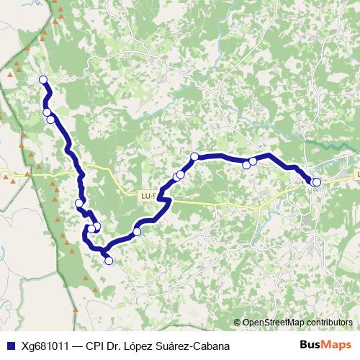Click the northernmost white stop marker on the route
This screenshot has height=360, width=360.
[42, 80]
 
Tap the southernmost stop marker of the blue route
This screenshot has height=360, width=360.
[109, 261]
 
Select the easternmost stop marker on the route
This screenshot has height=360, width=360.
[317, 182]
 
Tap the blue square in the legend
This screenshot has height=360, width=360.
[9, 346]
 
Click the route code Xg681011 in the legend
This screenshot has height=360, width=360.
[45, 346]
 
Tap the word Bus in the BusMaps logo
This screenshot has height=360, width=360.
[311, 345]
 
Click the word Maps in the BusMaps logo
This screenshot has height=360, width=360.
[337, 345]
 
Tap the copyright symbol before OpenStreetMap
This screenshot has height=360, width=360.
[238, 322]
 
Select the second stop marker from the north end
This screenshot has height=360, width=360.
[47, 112]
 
